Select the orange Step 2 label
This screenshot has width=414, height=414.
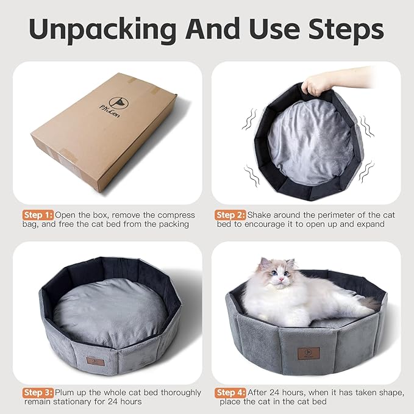click(x=230, y=215)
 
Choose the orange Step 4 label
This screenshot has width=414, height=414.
click(x=230, y=392)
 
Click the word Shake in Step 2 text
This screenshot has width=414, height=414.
click(x=262, y=215)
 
